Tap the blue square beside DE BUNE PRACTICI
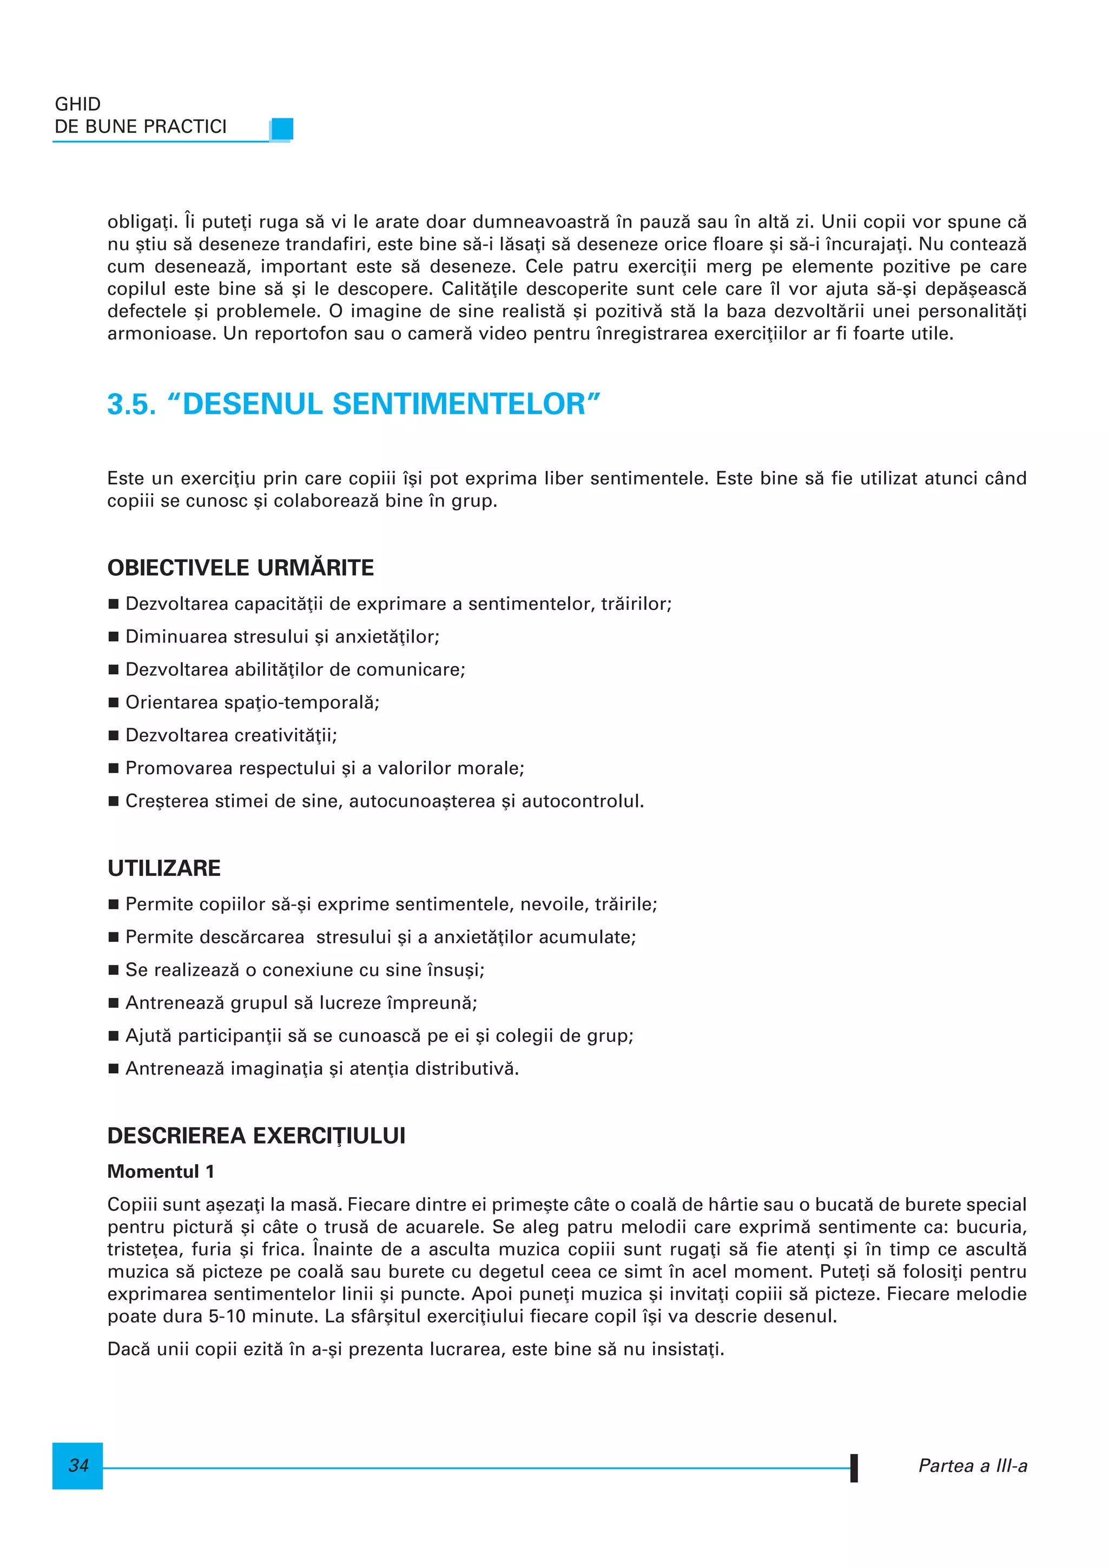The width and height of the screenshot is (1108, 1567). coord(282,128)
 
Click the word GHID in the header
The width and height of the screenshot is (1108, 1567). coord(78,104)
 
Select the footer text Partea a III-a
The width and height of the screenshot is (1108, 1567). coord(972,1465)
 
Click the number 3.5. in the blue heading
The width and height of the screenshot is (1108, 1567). coord(131,404)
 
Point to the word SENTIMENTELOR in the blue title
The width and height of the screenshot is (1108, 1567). coord(459,404)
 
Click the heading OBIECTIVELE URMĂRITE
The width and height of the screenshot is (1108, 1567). coord(240,568)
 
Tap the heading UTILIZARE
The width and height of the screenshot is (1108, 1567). coord(164,868)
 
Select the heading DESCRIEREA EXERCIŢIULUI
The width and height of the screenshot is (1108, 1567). coord(256,1136)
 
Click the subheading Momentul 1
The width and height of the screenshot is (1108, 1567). coord(161,1171)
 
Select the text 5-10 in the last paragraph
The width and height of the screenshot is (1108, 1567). coord(227,1316)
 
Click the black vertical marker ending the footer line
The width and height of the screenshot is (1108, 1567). coord(853,1468)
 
